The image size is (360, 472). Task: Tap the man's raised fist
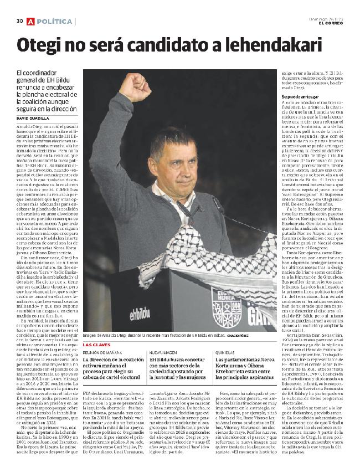tap(135, 88)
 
